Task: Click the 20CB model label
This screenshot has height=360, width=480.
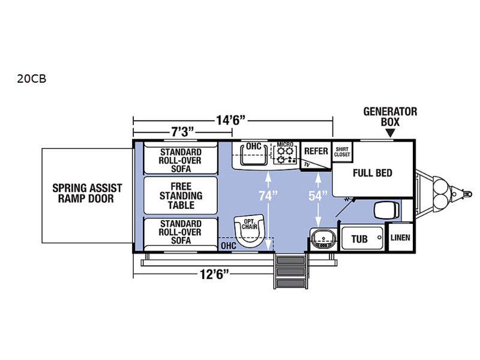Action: [x=32, y=79]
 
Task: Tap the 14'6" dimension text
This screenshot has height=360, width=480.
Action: [x=231, y=120]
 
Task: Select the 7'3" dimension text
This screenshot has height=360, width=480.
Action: [x=182, y=132]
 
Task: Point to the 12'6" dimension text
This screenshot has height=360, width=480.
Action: [x=214, y=274]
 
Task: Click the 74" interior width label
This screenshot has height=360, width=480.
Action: [x=268, y=196]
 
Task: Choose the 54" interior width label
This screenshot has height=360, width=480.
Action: [x=318, y=196]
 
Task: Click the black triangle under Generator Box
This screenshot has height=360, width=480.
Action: [x=390, y=133]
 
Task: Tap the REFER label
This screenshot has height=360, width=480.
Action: [x=316, y=151]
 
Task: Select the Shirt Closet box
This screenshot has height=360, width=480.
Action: [x=342, y=152]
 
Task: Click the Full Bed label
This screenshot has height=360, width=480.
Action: [x=372, y=173]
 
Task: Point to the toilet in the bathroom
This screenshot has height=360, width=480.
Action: [x=386, y=211]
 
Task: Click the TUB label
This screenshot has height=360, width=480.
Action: [x=359, y=239]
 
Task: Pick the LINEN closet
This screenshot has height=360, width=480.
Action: [x=400, y=237]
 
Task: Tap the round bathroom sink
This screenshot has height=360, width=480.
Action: [x=323, y=238]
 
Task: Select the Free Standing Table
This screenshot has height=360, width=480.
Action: [x=181, y=196]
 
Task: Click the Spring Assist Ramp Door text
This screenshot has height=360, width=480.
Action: [x=87, y=193]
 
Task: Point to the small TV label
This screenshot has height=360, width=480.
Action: [x=307, y=164]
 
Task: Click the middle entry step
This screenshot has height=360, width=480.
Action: [x=290, y=272]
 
